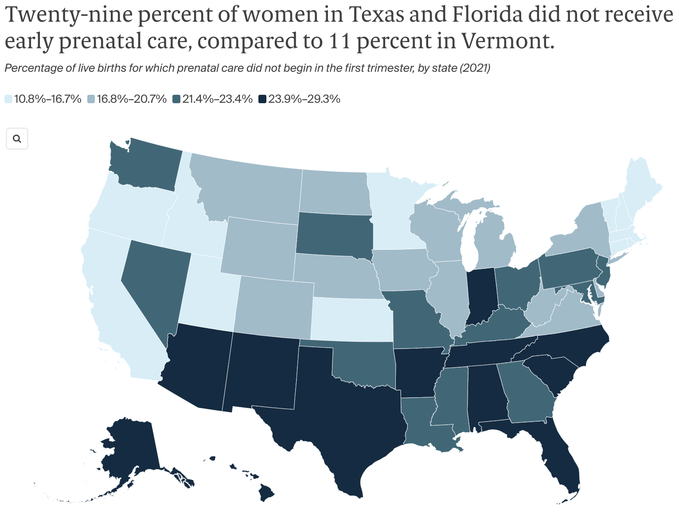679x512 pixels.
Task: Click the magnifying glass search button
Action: (x=17, y=139)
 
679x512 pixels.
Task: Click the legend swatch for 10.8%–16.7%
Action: (x=8, y=99)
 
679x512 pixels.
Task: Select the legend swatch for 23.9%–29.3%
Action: (x=263, y=99)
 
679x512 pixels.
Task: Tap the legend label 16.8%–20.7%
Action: (x=132, y=99)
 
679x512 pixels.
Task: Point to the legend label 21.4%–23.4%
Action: (x=217, y=99)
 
